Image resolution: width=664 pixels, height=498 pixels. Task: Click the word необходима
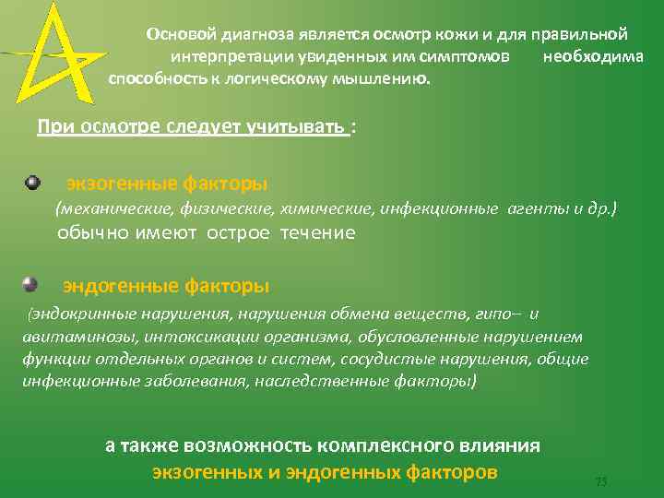click(594, 57)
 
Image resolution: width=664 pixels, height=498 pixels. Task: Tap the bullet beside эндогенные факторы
click(30, 283)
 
